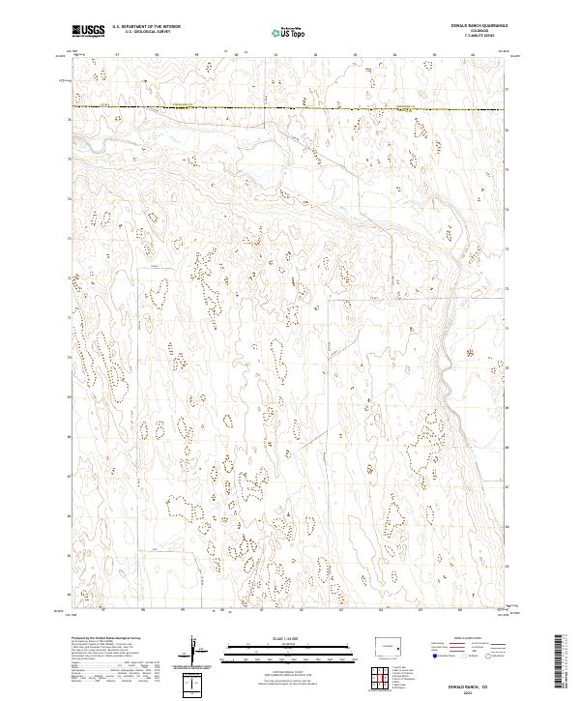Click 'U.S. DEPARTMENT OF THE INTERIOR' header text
click(x=146, y=27)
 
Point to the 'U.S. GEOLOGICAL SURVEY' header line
click(x=146, y=32)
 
